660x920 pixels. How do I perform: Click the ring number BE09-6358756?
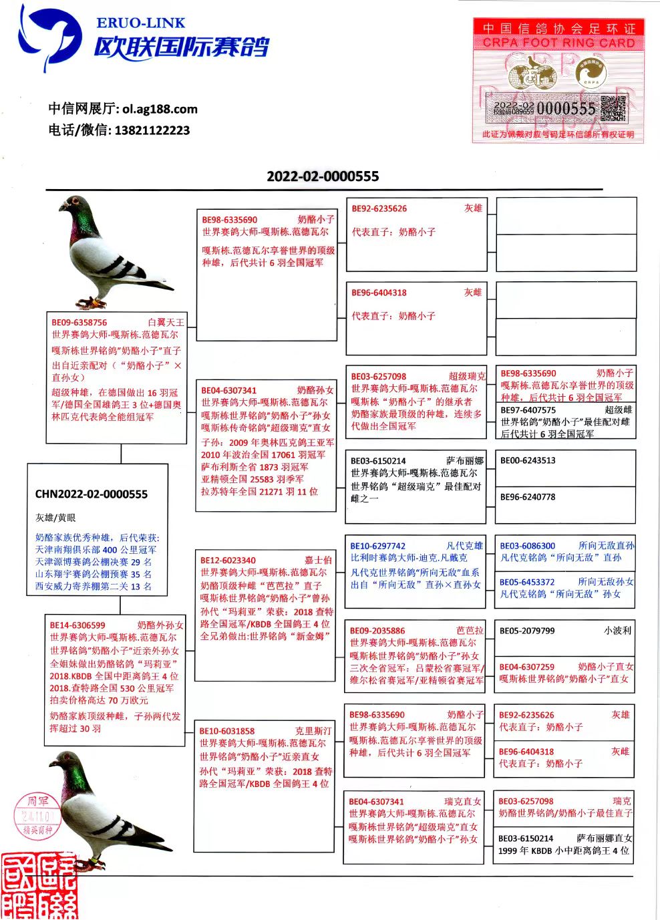tap(79, 323)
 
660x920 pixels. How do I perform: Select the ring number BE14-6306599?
tap(77, 625)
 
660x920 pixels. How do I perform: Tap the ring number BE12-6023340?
tap(228, 561)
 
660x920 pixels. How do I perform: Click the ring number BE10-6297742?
tap(377, 546)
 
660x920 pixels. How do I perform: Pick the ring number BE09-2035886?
tap(377, 631)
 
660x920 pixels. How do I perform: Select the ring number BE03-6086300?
tap(528, 546)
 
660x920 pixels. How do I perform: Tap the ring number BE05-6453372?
tap(527, 582)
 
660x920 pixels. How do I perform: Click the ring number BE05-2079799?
tap(527, 631)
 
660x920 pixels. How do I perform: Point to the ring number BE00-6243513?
tap(528, 460)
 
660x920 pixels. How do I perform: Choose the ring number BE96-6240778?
tap(528, 497)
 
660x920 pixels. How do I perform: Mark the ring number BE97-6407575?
tap(528, 410)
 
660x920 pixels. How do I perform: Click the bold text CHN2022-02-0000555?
tap(92, 494)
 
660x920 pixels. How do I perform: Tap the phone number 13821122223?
tap(152, 130)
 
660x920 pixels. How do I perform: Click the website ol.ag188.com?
tap(160, 109)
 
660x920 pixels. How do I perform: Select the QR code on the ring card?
tap(613, 108)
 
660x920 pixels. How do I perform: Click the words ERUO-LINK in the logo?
tap(141, 23)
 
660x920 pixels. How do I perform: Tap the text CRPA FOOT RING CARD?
tap(558, 43)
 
